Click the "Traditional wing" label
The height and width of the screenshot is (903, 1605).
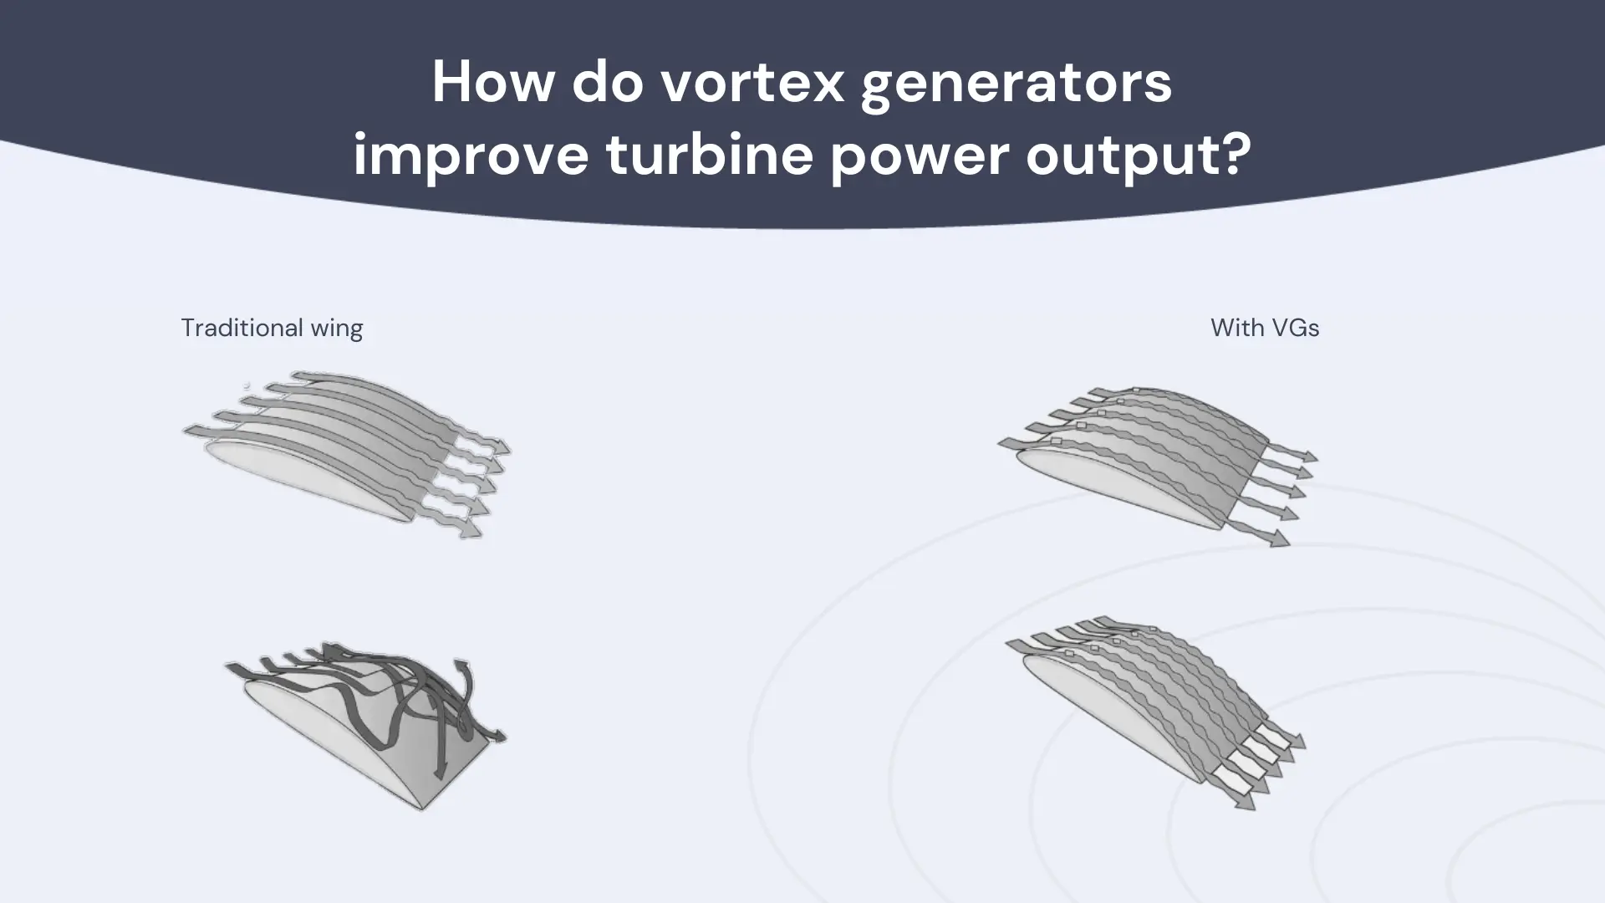click(272, 328)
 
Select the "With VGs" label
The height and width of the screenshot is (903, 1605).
click(1265, 328)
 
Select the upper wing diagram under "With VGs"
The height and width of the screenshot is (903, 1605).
click(1158, 465)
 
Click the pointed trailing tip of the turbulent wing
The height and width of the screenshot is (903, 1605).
click(422, 809)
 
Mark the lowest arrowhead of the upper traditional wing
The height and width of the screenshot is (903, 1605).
click(473, 530)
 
